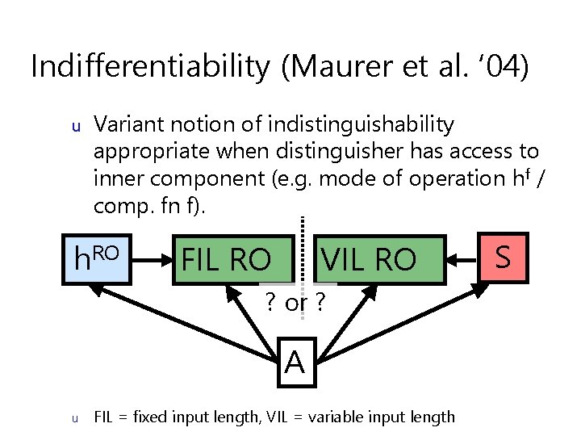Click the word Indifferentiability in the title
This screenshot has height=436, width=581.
point(150,66)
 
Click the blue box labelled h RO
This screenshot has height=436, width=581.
point(97,260)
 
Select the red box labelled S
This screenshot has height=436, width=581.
point(502,258)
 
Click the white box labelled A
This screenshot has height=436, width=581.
point(295,362)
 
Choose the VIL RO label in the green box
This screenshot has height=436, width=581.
point(369,260)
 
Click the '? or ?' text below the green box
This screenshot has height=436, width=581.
point(295,304)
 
